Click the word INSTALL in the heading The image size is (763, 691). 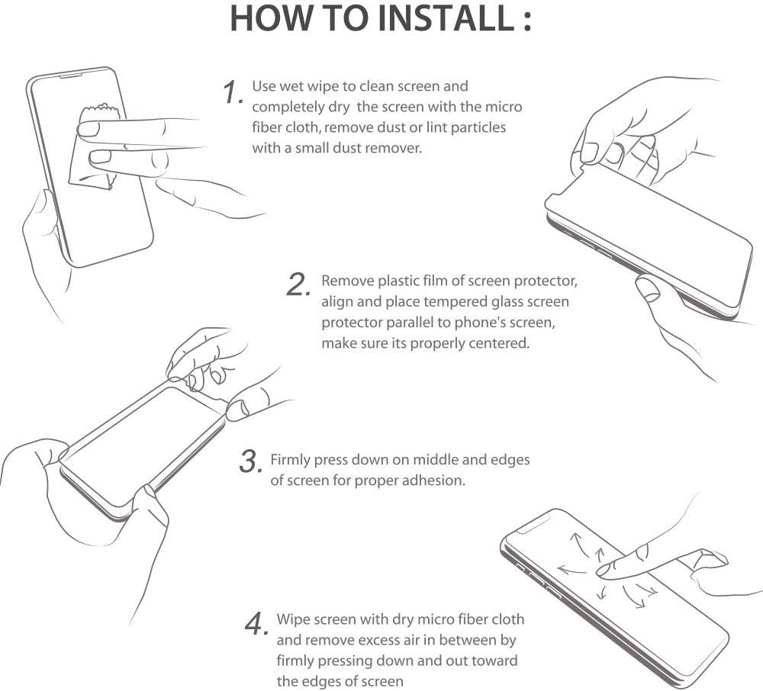pyautogui.click(x=446, y=18)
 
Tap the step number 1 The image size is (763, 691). pyautogui.click(x=233, y=92)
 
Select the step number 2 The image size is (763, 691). pyautogui.click(x=298, y=285)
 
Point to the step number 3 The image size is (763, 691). pyautogui.click(x=251, y=461)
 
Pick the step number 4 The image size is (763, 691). pyautogui.click(x=256, y=624)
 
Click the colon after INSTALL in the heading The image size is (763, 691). pyautogui.click(x=527, y=22)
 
